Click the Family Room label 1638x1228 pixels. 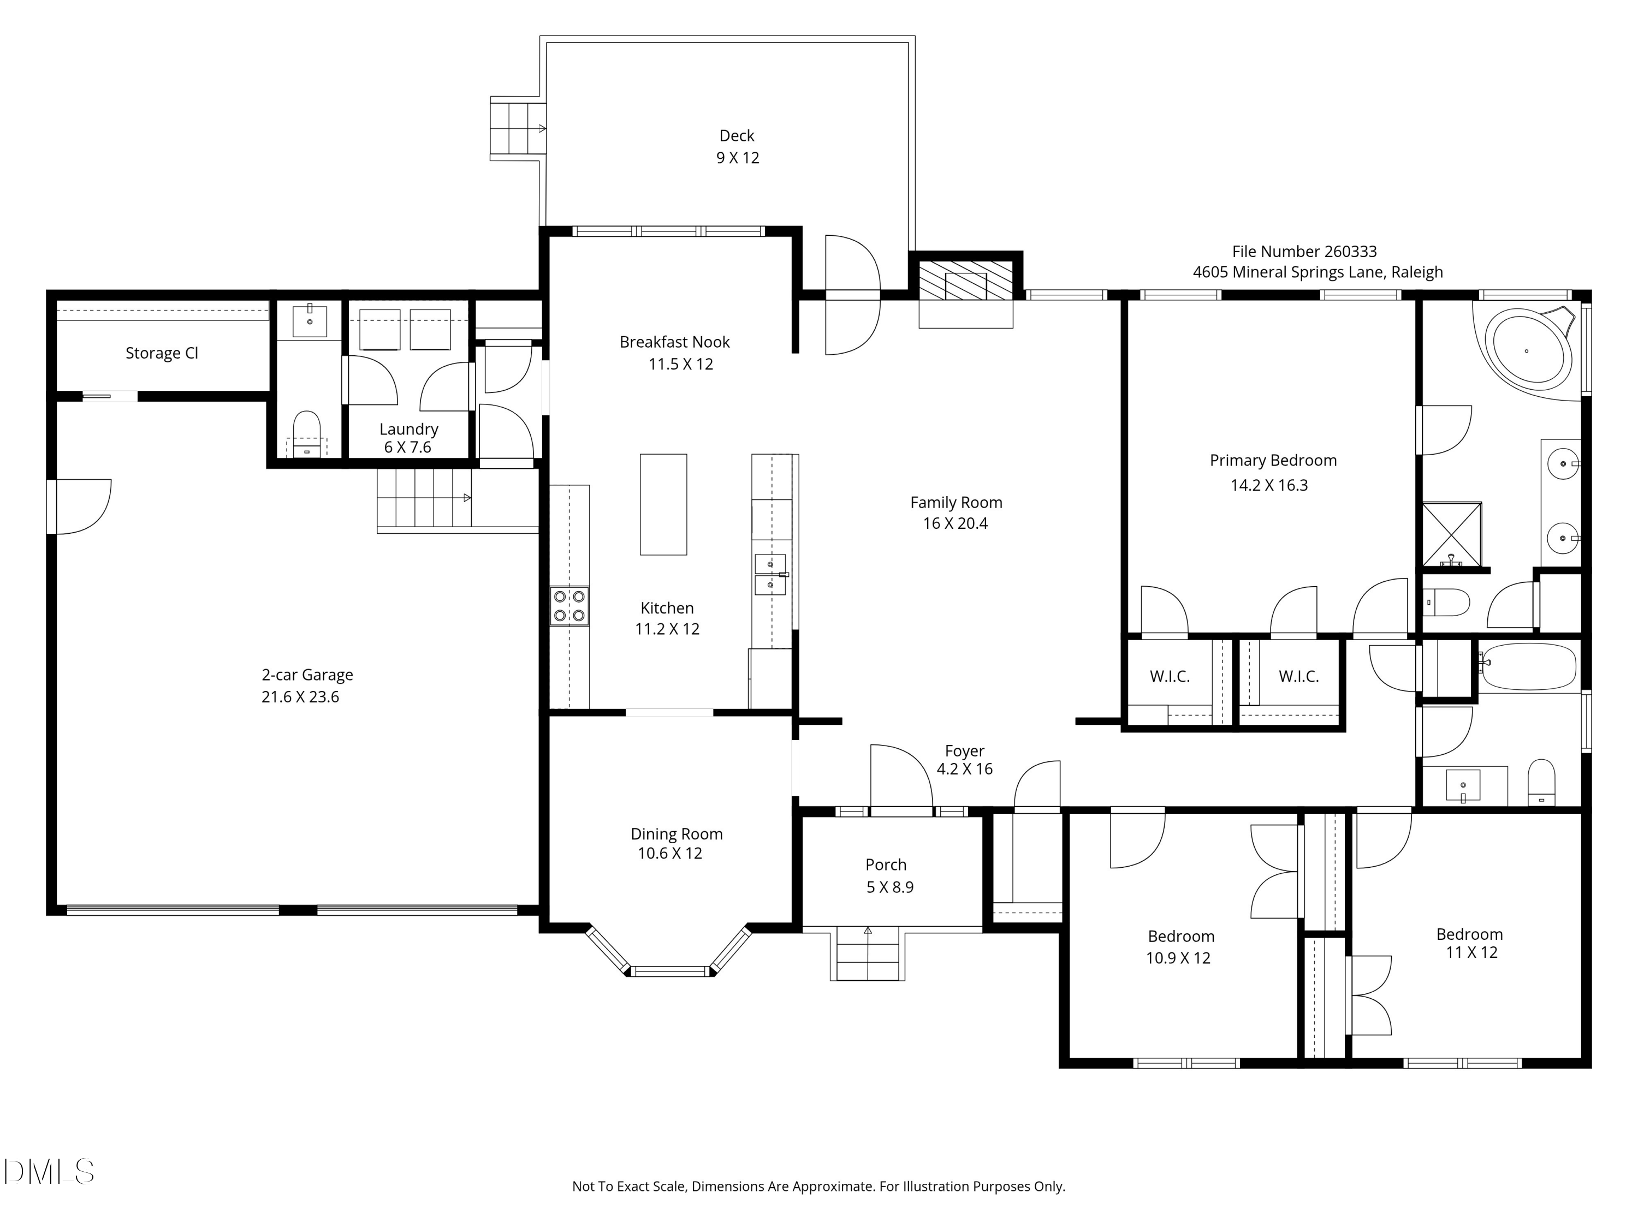[x=956, y=503]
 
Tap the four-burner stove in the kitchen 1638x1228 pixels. [x=569, y=606]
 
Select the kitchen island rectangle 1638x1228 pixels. [x=663, y=504]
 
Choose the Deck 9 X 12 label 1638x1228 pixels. [x=738, y=147]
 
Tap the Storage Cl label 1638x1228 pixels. [x=162, y=353]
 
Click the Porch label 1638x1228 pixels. [x=886, y=865]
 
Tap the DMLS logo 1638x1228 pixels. [x=49, y=1172]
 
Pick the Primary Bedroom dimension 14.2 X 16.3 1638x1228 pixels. [x=1269, y=486]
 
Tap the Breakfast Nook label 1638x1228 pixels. [x=675, y=342]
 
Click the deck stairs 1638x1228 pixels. [x=518, y=128]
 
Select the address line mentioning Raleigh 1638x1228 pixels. [x=1318, y=272]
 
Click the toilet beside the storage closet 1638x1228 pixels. [x=306, y=435]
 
